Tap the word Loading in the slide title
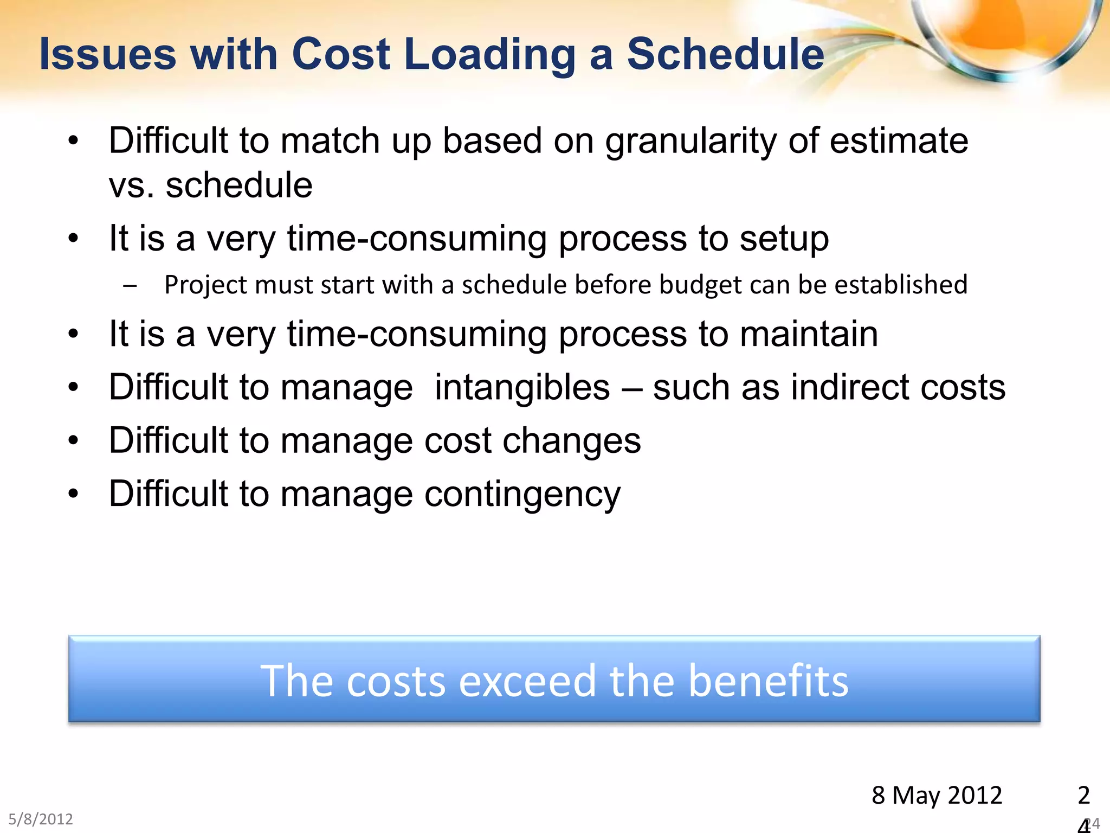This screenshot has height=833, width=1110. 489,55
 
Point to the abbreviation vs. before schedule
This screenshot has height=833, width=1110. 131,185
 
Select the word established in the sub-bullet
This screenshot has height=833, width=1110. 901,285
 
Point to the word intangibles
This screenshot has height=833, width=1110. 522,388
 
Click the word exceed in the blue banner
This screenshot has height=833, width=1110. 527,681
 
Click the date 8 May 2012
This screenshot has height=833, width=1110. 937,796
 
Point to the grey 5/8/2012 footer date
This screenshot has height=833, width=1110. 41,819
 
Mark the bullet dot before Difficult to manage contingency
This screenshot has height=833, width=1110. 74,494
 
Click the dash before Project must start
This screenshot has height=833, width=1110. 130,286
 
